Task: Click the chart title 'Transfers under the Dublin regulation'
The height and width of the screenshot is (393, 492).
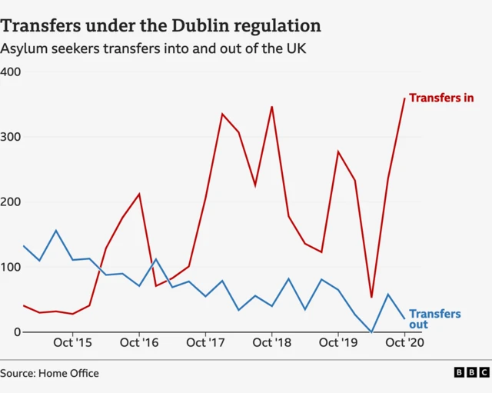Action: [161, 25]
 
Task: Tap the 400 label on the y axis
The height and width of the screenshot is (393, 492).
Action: [11, 72]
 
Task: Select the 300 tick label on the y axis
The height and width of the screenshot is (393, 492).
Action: [11, 137]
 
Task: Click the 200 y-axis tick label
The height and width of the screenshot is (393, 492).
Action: [11, 202]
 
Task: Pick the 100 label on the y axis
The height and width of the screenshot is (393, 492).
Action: [11, 267]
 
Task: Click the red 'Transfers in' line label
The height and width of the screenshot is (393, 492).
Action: [441, 98]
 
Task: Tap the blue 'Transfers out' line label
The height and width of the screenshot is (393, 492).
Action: [434, 319]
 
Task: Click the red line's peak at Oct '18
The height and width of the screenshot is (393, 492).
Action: [271, 107]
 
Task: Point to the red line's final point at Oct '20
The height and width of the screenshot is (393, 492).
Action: [404, 98]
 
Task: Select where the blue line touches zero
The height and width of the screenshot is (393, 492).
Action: [371, 332]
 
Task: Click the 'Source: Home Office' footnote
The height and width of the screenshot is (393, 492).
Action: [50, 374]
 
